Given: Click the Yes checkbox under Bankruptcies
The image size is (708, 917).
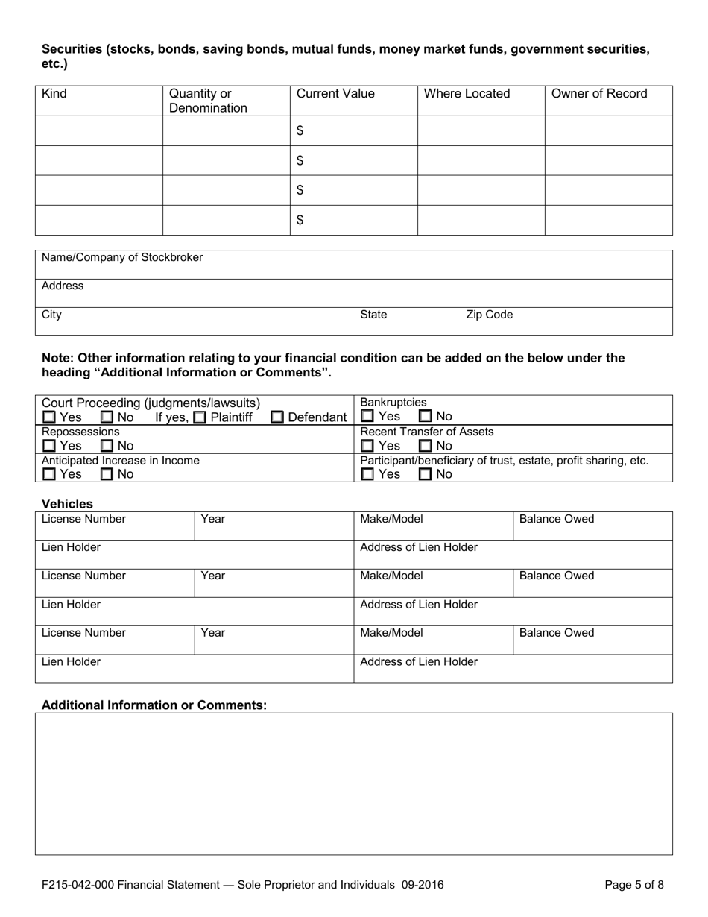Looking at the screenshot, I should pyautogui.click(x=367, y=417).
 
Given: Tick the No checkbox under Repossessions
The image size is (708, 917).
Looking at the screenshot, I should pyautogui.click(x=107, y=446).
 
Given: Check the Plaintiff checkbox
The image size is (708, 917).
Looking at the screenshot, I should pyautogui.click(x=199, y=417).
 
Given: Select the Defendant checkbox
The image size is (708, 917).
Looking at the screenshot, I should pyautogui.click(x=277, y=417).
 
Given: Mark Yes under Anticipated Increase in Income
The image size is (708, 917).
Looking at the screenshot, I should pyautogui.click(x=49, y=474).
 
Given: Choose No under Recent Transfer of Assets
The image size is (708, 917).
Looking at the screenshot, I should pyautogui.click(x=426, y=446).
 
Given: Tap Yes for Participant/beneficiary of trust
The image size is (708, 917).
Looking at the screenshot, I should pyautogui.click(x=367, y=474).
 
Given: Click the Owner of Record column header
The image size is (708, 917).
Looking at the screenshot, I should pyautogui.click(x=598, y=94).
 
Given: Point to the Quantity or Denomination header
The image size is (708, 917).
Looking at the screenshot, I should pyautogui.click(x=208, y=101).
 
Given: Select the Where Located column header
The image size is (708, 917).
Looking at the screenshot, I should pyautogui.click(x=467, y=94).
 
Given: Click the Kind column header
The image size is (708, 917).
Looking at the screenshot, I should pyautogui.click(x=55, y=94).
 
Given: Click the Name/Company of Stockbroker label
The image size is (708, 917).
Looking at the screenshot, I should pyautogui.click(x=122, y=257).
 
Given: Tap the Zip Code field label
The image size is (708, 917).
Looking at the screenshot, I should pyautogui.click(x=489, y=315).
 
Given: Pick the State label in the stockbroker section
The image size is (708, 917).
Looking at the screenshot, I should pyautogui.click(x=373, y=315).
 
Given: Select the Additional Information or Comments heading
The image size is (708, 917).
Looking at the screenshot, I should pyautogui.click(x=154, y=705).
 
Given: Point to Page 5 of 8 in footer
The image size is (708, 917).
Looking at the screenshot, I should pyautogui.click(x=633, y=886).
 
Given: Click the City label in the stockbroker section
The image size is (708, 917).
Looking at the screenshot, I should pyautogui.click(x=51, y=315).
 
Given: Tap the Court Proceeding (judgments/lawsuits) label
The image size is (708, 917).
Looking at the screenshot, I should pyautogui.click(x=151, y=403).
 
